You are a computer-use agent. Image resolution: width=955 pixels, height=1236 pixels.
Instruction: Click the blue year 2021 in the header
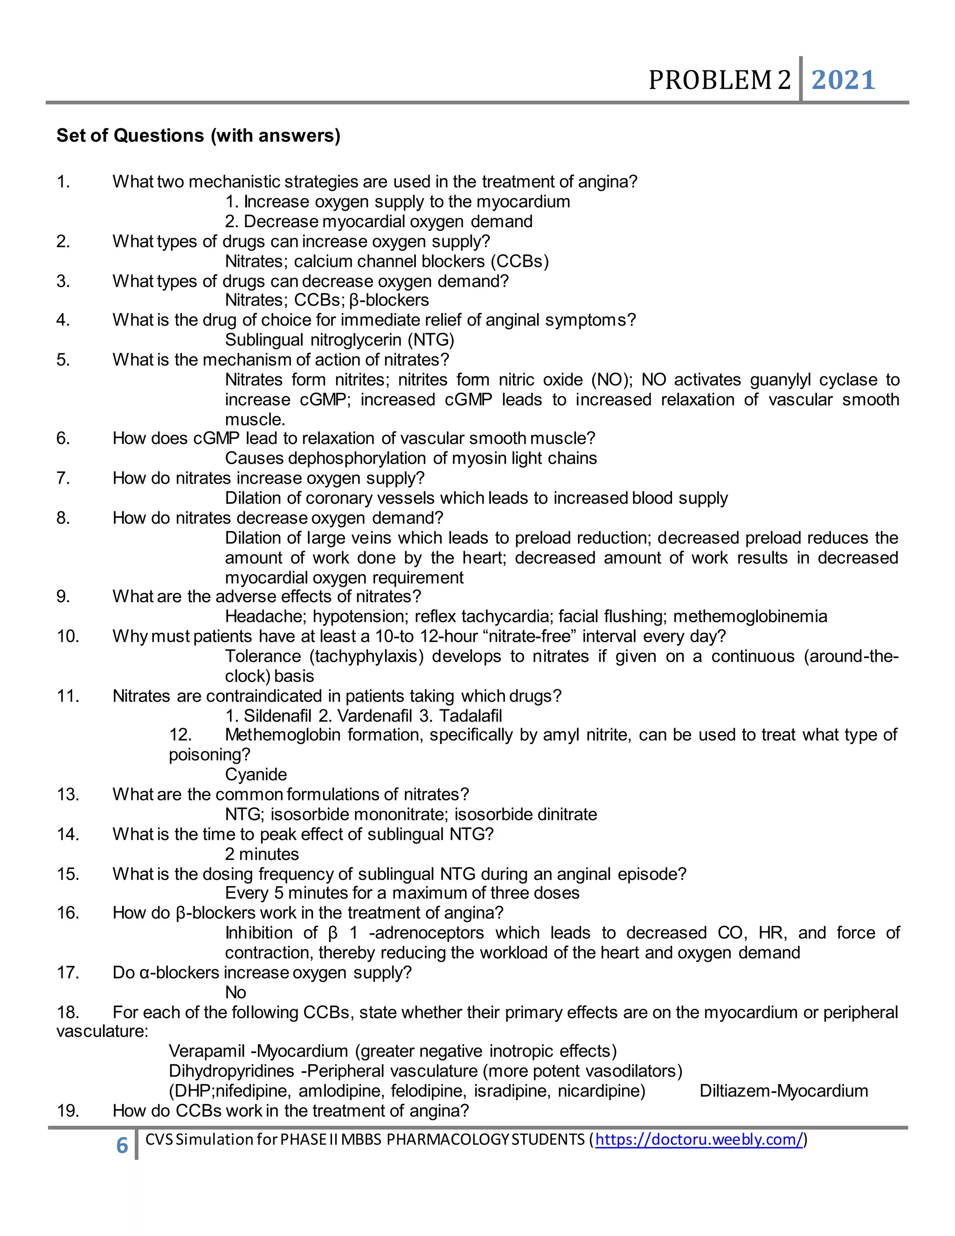point(843,80)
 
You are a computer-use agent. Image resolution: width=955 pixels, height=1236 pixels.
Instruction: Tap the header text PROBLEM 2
point(719,80)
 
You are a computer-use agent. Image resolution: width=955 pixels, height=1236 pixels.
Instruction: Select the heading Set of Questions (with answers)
point(198,135)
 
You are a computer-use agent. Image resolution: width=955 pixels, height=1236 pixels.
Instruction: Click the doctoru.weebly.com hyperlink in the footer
point(699,1139)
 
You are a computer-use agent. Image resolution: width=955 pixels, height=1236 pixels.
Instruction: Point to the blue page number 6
point(122,1146)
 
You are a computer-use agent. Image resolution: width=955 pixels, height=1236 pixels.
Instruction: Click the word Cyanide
point(256,774)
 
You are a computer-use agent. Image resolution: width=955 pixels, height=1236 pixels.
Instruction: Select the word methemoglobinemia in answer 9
point(750,616)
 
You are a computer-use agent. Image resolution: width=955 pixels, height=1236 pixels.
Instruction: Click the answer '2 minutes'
point(262,854)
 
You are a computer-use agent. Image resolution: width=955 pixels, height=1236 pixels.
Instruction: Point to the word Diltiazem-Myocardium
point(783,1090)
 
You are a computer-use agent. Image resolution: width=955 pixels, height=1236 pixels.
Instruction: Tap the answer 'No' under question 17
point(235,992)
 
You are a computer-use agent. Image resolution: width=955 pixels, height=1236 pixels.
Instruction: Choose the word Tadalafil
point(471,716)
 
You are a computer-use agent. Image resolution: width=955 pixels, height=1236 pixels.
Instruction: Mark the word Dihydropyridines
point(231,1071)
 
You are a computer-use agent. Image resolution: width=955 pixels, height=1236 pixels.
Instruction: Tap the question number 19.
point(68,1111)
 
